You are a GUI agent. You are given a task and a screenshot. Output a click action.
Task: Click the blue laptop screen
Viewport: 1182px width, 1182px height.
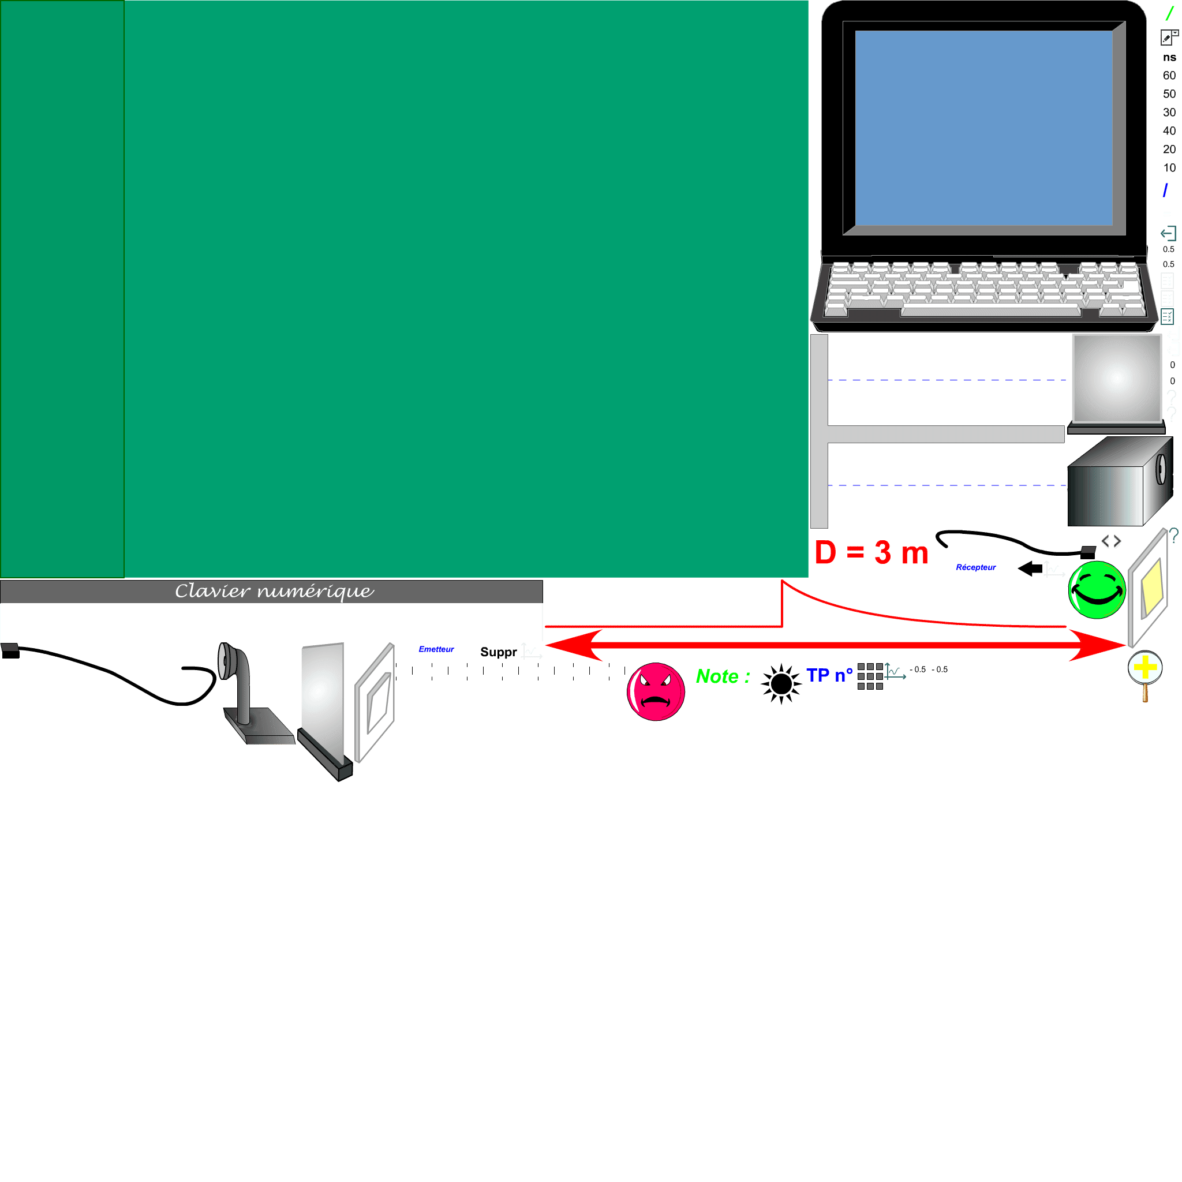point(983,128)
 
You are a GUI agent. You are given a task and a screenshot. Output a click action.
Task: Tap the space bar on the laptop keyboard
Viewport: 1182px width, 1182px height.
point(990,312)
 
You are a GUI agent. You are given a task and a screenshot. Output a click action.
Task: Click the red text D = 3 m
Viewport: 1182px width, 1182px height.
point(871,552)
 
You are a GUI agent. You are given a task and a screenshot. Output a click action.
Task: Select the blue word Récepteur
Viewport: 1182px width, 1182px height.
point(976,567)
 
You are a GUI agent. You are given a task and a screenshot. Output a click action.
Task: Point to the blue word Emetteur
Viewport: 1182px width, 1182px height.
point(436,649)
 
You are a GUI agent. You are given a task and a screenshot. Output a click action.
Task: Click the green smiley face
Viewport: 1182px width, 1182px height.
point(1097,590)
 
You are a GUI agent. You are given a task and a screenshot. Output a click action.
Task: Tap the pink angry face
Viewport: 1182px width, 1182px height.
point(655,692)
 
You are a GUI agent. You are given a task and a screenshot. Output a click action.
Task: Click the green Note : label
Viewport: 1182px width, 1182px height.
point(723,676)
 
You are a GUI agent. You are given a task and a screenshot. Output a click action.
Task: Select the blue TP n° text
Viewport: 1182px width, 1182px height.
point(829,675)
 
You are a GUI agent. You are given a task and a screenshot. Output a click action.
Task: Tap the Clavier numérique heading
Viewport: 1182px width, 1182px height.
point(274,591)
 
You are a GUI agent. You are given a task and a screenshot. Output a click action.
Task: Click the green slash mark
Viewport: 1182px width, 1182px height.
point(1169,13)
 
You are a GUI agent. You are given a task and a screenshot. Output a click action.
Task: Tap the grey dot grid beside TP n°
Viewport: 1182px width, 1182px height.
point(870,676)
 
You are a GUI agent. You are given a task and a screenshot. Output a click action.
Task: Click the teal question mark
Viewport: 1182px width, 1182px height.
point(1173,536)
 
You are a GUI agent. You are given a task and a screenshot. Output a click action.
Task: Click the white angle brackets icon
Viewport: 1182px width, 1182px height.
point(1111,543)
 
